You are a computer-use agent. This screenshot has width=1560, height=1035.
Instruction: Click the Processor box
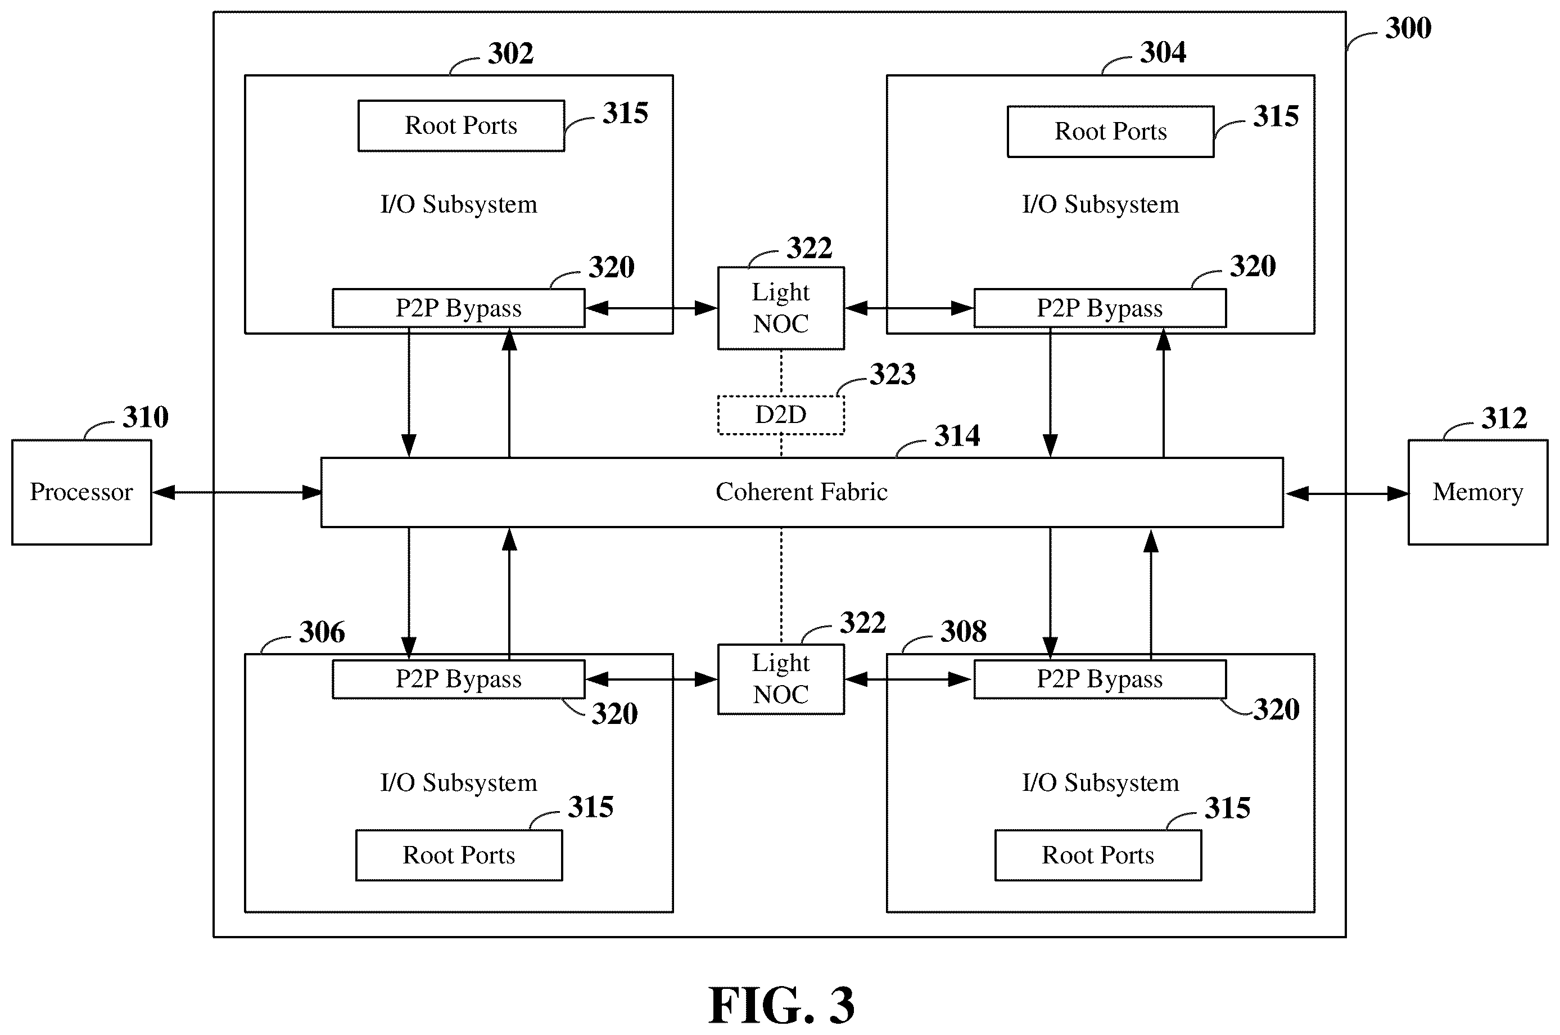tap(82, 492)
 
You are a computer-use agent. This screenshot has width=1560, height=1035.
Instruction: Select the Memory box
tap(1477, 492)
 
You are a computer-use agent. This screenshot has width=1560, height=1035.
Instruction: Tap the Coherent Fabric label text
tap(802, 492)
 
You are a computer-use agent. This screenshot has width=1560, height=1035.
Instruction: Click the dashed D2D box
tap(781, 415)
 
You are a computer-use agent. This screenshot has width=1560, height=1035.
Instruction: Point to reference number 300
tap(1408, 28)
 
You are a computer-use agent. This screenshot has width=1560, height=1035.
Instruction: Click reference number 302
tap(510, 53)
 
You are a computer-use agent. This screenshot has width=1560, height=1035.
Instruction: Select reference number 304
tap(1163, 52)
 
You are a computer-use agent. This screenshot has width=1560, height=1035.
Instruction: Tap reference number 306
tap(322, 632)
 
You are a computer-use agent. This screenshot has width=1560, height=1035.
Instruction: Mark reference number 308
tap(964, 632)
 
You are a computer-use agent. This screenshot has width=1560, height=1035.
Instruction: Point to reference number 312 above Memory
tap(1504, 418)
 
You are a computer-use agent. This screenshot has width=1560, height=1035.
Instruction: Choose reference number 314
tap(957, 435)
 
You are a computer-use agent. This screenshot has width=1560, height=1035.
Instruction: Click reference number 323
tap(893, 374)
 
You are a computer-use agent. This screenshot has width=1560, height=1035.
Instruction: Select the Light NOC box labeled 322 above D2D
tap(781, 308)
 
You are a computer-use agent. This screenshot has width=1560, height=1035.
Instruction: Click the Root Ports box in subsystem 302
tap(461, 126)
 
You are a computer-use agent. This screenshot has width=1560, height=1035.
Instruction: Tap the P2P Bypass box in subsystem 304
tap(1100, 308)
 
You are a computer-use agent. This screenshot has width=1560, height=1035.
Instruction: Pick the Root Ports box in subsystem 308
tap(1098, 856)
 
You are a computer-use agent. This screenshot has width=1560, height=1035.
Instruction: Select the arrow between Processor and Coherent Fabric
tap(237, 492)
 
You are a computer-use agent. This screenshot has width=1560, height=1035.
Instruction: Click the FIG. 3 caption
tap(781, 1005)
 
